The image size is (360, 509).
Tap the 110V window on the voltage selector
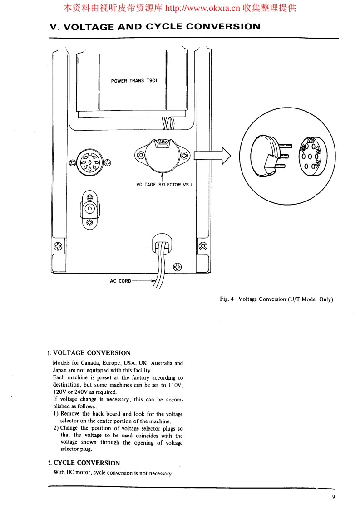[163, 142]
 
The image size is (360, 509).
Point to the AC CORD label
[120, 281]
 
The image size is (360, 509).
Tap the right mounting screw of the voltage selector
[184, 156]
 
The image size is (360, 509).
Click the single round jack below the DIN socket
[90, 210]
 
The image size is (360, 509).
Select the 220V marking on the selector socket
[311, 140]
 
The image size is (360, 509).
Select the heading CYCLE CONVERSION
[87, 463]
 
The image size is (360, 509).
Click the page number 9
[333, 497]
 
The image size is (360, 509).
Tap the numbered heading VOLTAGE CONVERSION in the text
[92, 352]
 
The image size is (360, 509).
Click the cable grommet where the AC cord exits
[162, 245]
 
